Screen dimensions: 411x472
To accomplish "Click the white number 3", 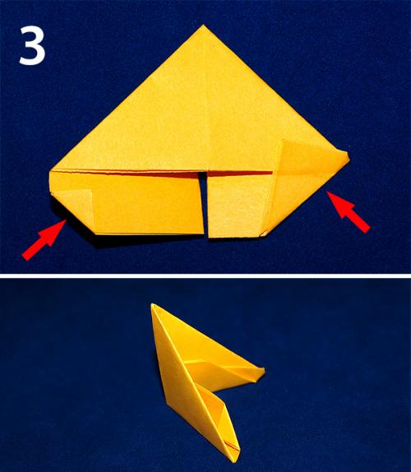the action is [x=32, y=45].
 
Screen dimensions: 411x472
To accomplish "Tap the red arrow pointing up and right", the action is [x=44, y=239].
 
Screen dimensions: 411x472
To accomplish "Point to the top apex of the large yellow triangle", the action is [x=203, y=25].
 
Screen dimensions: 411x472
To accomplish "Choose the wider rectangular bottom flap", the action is [x=127, y=202].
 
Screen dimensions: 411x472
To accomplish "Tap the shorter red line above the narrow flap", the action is [x=240, y=174].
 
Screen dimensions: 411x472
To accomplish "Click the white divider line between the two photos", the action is [x=205, y=275].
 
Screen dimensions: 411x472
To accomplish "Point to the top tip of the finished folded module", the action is [x=153, y=305].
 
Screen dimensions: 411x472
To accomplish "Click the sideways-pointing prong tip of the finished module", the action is [x=263, y=370].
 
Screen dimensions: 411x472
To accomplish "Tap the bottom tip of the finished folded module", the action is [x=236, y=460].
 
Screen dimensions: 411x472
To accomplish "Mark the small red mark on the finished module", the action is [x=233, y=447].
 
